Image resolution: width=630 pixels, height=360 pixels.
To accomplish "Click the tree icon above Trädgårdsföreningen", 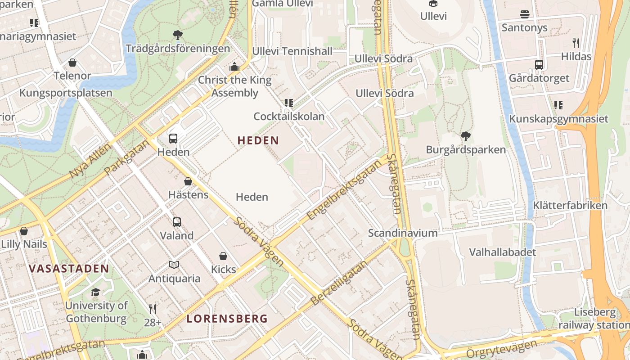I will tap(178, 35).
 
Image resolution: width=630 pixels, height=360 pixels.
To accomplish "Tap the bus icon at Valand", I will tap(177, 222).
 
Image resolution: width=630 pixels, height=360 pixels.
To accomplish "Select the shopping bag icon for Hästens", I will tap(188, 181).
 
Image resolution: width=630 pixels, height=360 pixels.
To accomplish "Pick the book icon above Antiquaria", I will tap(174, 265).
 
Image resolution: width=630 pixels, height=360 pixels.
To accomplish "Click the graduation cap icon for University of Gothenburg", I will tap(95, 292).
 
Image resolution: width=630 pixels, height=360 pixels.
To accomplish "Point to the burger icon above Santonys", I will tap(524, 14).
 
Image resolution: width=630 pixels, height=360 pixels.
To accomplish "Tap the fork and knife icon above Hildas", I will tap(576, 43).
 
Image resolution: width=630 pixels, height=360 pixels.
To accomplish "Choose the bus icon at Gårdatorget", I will tap(539, 64).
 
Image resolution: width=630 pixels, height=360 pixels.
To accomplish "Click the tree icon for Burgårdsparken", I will tap(466, 136).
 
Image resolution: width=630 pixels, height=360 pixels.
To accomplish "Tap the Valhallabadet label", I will tap(503, 252).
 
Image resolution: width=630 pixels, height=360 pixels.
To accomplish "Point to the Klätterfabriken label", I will tap(570, 206).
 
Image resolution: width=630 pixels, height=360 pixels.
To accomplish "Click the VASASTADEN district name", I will tap(69, 269).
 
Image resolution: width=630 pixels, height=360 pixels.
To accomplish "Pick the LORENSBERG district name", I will tap(227, 319).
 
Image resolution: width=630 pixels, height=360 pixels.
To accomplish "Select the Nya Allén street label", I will tap(90, 161).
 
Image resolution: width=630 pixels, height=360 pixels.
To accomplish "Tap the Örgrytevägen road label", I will tap(501, 349).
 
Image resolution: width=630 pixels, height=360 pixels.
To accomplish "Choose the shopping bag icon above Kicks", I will tap(223, 256).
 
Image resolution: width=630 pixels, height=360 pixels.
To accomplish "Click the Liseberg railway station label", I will tap(594, 319).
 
